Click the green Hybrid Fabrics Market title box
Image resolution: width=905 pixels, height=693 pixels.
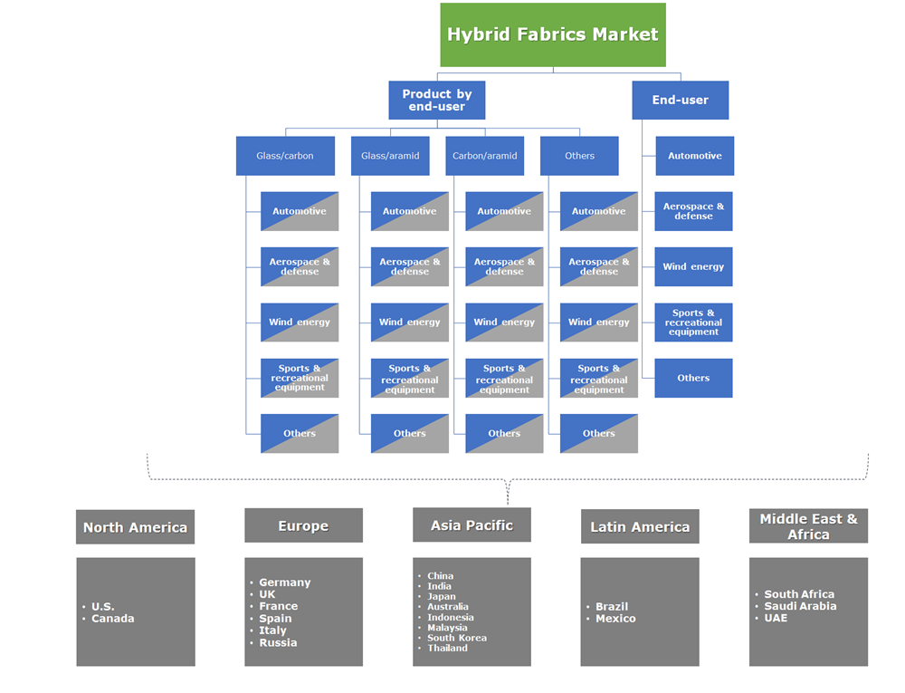tap(552, 34)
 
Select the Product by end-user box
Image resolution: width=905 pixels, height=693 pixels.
tap(436, 100)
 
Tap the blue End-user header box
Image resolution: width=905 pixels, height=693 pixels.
tap(680, 100)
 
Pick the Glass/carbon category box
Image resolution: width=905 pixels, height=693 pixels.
tap(285, 156)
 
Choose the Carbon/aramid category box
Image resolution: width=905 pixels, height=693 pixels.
tap(484, 156)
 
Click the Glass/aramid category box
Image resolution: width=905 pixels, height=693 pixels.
tap(390, 156)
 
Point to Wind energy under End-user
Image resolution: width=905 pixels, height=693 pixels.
tap(693, 266)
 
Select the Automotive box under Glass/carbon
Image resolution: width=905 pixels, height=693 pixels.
tap(300, 211)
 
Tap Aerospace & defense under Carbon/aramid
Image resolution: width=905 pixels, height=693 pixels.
tap(504, 266)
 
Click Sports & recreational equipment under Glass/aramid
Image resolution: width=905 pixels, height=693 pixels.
tap(409, 379)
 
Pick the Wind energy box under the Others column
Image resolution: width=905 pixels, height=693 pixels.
tap(598, 322)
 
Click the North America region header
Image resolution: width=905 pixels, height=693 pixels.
tap(135, 526)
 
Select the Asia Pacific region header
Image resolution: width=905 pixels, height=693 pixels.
tap(472, 525)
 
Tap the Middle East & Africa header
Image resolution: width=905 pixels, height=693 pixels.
tap(808, 526)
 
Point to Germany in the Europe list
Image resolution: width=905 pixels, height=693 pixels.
tap(284, 582)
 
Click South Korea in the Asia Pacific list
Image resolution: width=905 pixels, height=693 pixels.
tap(456, 638)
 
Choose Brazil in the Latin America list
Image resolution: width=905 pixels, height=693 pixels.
tap(611, 607)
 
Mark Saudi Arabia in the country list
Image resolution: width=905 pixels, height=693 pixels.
tap(800, 606)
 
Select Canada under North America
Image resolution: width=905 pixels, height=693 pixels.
tap(112, 619)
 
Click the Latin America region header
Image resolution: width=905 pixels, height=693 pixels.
tap(640, 526)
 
